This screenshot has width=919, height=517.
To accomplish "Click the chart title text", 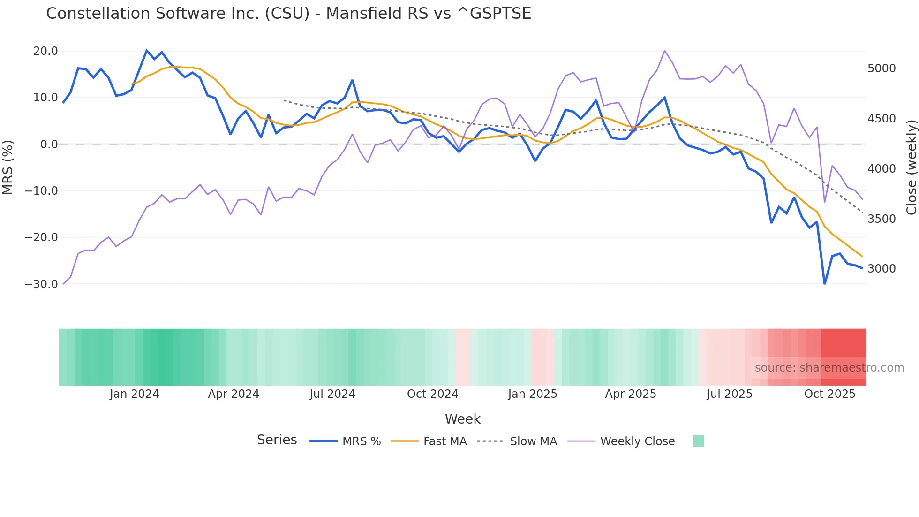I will coord(288,14).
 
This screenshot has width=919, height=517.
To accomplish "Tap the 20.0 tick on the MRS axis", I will coord(45,51).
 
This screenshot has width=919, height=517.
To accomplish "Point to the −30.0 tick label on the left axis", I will coord(41,284).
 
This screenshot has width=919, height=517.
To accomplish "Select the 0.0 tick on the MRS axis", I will coord(49,144).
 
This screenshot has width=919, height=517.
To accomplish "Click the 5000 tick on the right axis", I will coord(881,68).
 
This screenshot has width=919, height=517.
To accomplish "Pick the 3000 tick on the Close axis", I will coord(881,269).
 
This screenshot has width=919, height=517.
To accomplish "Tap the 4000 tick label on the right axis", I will coord(881,169).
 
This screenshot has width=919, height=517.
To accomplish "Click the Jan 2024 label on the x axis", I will coord(135,394).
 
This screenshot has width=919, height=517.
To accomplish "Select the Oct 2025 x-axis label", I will coord(830,394).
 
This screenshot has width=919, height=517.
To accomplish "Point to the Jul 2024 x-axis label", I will coord(332,394).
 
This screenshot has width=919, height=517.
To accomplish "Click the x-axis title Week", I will coord(462,419).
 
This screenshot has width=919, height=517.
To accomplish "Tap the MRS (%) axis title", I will coord(8,167).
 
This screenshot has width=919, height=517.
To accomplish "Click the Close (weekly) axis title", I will coord(911,167).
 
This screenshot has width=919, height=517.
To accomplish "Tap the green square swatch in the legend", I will coord(699,441).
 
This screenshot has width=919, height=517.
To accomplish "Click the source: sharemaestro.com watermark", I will coord(829,368).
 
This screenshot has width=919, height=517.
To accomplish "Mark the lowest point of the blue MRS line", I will coord(825,283).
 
